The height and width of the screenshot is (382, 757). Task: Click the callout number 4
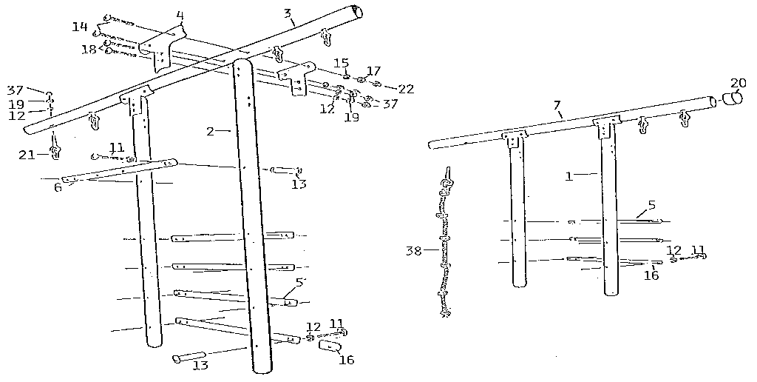(180, 14)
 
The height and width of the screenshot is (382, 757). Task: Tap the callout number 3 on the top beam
(288, 13)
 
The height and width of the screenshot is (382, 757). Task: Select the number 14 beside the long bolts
(80, 27)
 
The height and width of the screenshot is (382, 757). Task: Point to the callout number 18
(89, 49)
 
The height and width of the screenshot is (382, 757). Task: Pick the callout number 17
(373, 71)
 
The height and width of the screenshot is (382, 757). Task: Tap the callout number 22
(406, 88)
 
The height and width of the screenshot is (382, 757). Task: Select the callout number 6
(58, 187)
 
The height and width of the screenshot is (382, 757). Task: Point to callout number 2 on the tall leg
(211, 131)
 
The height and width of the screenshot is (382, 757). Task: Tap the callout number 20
(738, 82)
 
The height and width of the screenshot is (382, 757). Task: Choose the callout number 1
(568, 176)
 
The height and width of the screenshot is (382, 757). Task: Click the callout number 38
(413, 250)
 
